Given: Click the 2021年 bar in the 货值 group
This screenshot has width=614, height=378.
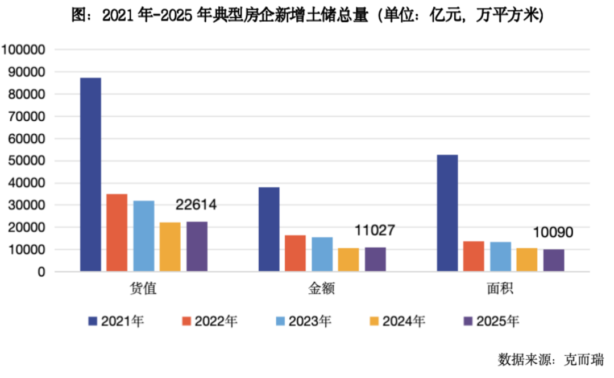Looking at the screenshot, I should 90,175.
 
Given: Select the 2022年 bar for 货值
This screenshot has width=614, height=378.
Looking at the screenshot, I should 117,233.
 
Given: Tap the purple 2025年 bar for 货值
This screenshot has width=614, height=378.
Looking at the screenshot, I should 197,246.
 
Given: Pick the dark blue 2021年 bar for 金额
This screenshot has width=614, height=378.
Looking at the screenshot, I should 269,229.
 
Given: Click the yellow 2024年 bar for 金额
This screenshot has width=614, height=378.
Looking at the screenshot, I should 349,260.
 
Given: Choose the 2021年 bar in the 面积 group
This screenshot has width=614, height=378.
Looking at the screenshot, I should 447,213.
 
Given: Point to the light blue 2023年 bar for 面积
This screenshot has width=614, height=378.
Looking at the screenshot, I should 500,257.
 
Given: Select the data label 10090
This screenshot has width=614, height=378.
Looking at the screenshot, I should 552,233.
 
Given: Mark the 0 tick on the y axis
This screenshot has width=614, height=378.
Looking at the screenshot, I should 41,272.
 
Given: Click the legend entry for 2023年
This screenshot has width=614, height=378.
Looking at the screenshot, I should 304,322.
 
